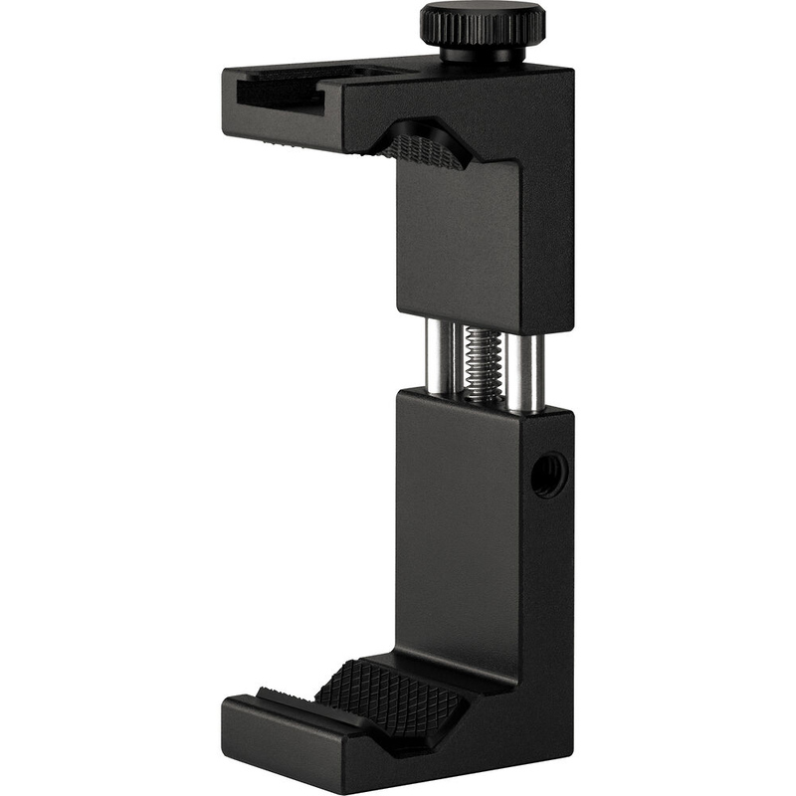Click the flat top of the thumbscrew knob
pos(482,13)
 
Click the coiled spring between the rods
pos(483,363)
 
